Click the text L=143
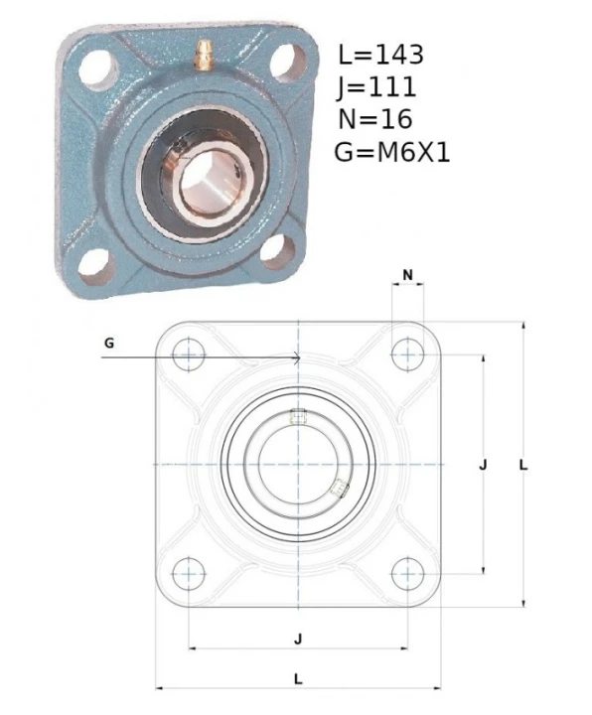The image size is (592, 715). click(x=380, y=55)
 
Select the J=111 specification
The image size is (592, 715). click(x=376, y=87)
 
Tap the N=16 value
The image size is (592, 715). click(x=375, y=119)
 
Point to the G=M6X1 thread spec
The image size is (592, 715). click(x=392, y=152)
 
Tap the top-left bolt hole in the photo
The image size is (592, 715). click(x=98, y=70)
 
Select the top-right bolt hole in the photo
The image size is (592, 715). click(x=288, y=64)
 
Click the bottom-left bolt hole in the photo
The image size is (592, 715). click(x=96, y=266)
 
